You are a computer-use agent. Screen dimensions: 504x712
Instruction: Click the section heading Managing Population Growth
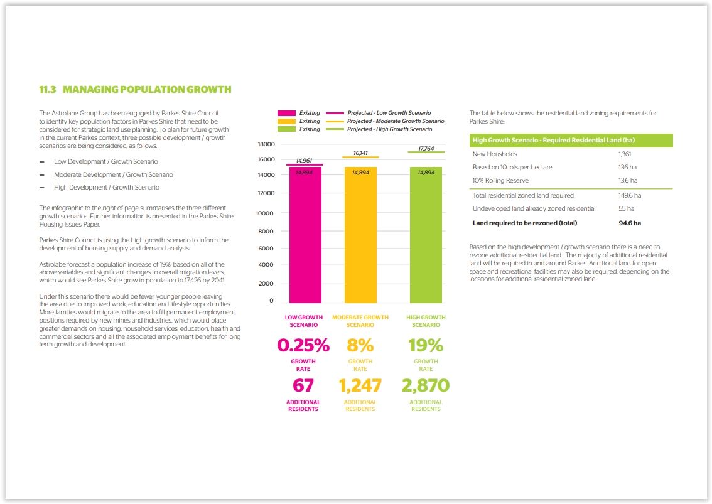[135, 90]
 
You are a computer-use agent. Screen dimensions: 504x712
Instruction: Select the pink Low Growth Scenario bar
[305, 235]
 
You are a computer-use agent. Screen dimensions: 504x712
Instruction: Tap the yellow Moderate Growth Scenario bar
[360, 235]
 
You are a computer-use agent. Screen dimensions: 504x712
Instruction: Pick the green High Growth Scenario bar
[426, 235]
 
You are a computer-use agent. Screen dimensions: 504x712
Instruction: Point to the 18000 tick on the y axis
[266, 144]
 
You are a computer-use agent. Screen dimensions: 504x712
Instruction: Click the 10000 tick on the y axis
[266, 213]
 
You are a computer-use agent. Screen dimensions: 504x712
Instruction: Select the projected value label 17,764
[426, 149]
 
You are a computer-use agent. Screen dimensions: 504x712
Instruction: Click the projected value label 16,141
[360, 153]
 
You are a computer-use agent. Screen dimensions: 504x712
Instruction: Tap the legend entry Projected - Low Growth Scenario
[389, 113]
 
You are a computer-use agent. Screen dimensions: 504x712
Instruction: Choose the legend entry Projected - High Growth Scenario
[389, 129]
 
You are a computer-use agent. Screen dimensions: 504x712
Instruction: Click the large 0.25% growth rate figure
[304, 345]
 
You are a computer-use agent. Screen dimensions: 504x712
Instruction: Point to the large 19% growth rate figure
[426, 345]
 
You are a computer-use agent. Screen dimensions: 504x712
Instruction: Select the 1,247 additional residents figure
[360, 385]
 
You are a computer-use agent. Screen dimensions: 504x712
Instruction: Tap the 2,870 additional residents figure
[426, 385]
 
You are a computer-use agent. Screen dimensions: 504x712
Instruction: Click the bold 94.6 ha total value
[630, 223]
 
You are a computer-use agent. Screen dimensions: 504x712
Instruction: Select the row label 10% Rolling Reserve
[500, 181]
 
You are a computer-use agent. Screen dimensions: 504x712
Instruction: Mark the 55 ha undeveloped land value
[626, 208]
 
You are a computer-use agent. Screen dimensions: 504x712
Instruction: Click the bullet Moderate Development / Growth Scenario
[113, 174]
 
